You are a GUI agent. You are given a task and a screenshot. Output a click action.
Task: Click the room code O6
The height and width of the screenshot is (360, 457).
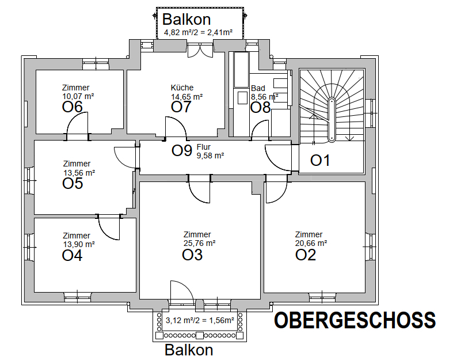(x=73, y=107)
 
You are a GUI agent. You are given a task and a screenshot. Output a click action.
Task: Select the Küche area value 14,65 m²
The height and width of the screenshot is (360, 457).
(x=186, y=97)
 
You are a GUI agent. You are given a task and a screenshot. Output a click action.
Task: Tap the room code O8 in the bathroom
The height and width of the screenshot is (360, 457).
(x=260, y=107)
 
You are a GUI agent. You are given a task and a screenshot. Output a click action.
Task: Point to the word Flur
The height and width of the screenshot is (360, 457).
(x=204, y=147)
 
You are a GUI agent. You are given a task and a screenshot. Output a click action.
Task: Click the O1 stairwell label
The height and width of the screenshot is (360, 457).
(x=321, y=161)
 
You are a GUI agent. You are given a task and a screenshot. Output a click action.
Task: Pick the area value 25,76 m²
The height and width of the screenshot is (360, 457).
(x=199, y=243)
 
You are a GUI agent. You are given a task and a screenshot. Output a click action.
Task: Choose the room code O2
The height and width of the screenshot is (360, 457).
(x=306, y=254)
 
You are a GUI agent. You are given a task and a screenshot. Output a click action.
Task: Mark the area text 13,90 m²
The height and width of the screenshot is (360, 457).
(x=78, y=244)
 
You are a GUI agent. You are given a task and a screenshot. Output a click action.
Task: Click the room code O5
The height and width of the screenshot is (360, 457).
(x=73, y=183)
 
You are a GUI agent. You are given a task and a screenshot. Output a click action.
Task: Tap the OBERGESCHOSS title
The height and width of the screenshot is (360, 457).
(x=355, y=321)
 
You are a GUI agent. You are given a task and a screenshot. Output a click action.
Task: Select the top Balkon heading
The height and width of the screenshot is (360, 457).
(x=190, y=20)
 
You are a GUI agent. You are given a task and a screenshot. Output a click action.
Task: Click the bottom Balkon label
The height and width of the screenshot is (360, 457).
(x=189, y=350)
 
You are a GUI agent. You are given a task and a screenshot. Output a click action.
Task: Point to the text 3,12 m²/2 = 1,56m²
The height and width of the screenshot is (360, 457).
(x=200, y=320)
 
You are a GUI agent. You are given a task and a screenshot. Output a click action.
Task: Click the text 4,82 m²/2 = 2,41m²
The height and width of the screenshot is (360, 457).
(x=198, y=33)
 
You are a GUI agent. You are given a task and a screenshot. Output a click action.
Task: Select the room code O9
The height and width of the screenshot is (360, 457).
(x=182, y=151)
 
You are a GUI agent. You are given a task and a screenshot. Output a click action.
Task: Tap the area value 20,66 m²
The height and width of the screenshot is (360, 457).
(x=311, y=243)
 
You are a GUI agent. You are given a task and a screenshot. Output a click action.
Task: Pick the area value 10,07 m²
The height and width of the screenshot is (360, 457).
(x=78, y=96)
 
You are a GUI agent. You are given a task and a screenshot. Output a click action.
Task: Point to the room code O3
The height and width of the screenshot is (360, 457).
(x=192, y=254)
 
